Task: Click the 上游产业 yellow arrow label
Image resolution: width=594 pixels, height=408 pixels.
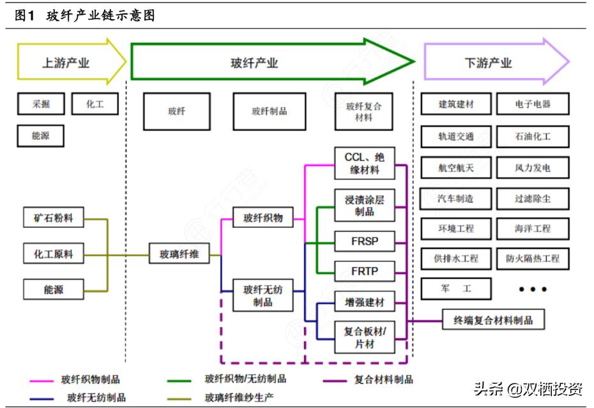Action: coord(66,63)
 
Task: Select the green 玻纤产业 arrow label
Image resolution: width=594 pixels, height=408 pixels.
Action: coord(254,63)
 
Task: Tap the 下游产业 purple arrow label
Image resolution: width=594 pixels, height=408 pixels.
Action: coord(488,63)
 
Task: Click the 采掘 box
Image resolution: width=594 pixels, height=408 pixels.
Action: coord(40,103)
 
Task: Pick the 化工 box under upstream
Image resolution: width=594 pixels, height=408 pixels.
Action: coord(95,103)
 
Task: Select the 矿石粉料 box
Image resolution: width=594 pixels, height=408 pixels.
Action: coord(53,218)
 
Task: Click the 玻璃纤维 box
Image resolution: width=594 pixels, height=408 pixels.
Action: coord(179,254)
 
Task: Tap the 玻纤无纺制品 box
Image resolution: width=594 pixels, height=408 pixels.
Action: coord(263,296)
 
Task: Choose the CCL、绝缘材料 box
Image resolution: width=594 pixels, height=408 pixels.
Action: coord(364,163)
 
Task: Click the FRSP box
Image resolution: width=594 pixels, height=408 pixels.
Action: coord(364,241)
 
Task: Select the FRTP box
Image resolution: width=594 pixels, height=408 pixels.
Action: coord(364,271)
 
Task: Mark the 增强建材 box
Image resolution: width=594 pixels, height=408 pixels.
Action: coord(364,301)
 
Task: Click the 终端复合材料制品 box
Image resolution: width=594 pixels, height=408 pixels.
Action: coord(493,319)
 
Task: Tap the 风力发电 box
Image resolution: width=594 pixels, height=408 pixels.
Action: coord(532,169)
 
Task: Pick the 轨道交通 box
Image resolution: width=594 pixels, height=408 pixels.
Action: coord(455,137)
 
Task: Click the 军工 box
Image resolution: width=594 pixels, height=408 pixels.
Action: coord(455,289)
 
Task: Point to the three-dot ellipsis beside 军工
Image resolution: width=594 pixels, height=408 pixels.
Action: coord(532,289)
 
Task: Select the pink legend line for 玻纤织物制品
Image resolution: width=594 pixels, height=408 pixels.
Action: coord(42,381)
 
